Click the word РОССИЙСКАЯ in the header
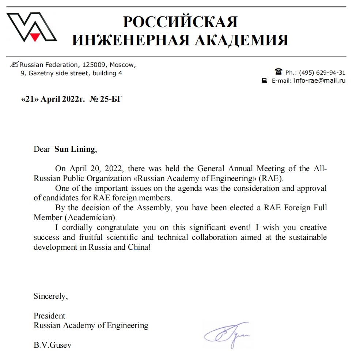tap(180, 22)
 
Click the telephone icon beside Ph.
tap(278, 72)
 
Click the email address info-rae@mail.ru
tap(319, 81)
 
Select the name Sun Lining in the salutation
tap(75, 149)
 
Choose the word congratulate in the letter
tap(118, 228)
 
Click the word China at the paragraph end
tap(139, 247)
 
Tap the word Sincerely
tap(50, 296)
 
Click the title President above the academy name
tap(49, 316)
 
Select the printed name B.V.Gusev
tap(53, 345)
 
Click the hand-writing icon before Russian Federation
tap(15, 65)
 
